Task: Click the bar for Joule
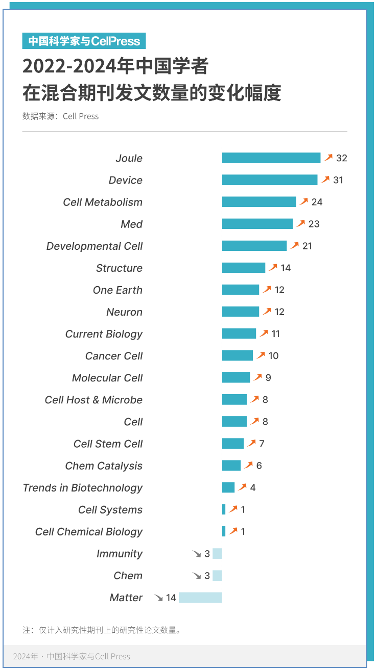pyautogui.click(x=271, y=158)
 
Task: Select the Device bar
pyautogui.click(x=269, y=180)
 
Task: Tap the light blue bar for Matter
pyautogui.click(x=200, y=598)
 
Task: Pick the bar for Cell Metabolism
pyautogui.click(x=258, y=202)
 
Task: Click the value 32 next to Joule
pyautogui.click(x=341, y=158)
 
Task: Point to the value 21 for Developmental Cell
pyautogui.click(x=307, y=246)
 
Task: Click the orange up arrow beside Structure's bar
pyautogui.click(x=273, y=268)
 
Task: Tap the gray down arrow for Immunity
pyautogui.click(x=197, y=554)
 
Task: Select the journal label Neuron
pyautogui.click(x=124, y=312)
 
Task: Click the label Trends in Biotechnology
pyautogui.click(x=83, y=488)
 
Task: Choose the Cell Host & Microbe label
pyautogui.click(x=93, y=400)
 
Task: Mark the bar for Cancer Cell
pyautogui.click(x=237, y=355)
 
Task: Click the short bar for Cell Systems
pyautogui.click(x=224, y=509)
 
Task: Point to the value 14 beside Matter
pyautogui.click(x=171, y=598)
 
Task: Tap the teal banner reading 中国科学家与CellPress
pyautogui.click(x=84, y=41)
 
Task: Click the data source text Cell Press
pyautogui.click(x=81, y=116)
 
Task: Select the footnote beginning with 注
pyautogui.click(x=102, y=630)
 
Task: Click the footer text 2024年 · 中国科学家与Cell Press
pyautogui.click(x=72, y=656)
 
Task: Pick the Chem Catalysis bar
pyautogui.click(x=231, y=466)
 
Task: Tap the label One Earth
pyautogui.click(x=118, y=290)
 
